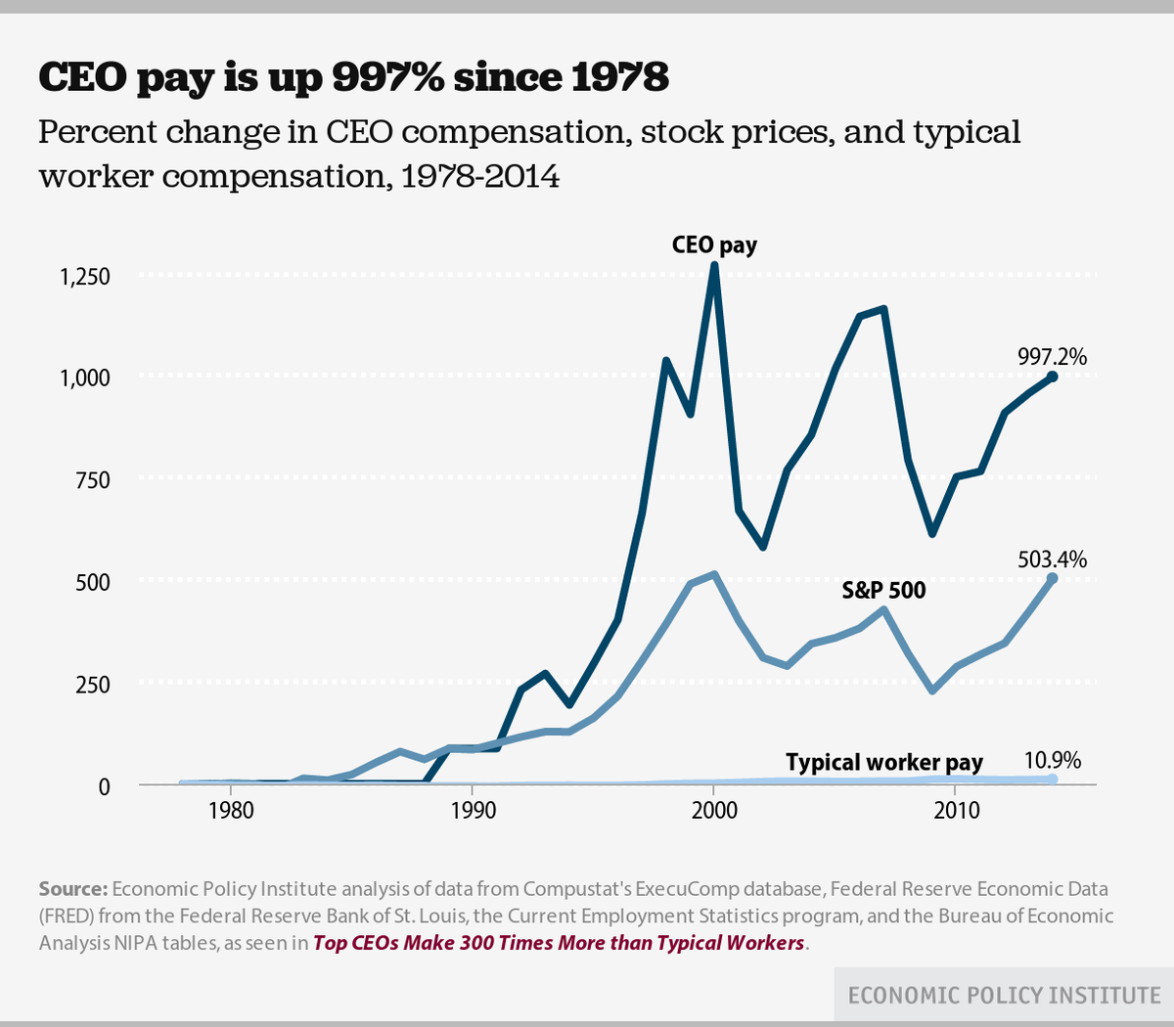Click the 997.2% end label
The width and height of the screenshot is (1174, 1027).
tap(1052, 358)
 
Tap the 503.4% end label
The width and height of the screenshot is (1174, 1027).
tap(1052, 559)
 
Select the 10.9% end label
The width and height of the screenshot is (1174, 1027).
tap(1053, 761)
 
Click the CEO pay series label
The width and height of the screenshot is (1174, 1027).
tap(714, 245)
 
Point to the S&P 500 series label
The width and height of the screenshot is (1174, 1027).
tap(883, 591)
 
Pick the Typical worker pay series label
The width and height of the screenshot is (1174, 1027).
tap(883, 763)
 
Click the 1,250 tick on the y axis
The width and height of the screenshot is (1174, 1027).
tap(84, 277)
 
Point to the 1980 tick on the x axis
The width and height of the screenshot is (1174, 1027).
tap(230, 811)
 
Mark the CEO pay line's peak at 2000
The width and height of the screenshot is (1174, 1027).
tap(714, 266)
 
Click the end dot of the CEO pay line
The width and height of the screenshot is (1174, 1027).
tap(1052, 377)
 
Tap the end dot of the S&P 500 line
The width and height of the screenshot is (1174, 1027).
tap(1052, 578)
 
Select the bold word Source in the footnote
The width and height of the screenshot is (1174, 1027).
tap(72, 889)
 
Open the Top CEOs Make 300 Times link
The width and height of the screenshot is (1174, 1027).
tap(559, 944)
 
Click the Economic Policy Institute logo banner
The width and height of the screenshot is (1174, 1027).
tap(1004, 996)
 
